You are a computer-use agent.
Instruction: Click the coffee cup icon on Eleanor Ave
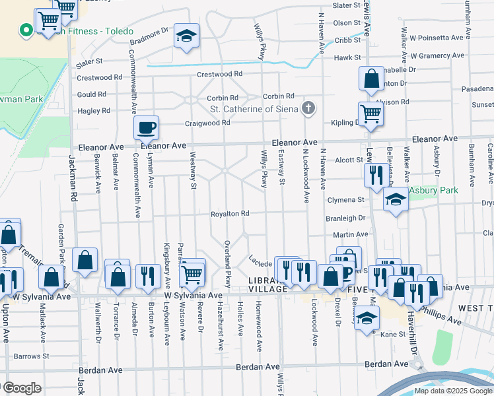(x=146, y=127)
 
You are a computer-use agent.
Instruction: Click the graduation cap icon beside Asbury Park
(x=396, y=199)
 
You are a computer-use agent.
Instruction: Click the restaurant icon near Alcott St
(x=376, y=175)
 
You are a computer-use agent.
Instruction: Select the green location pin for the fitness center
(x=25, y=30)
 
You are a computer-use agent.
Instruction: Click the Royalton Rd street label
(x=230, y=214)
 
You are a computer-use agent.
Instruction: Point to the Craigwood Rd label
(x=207, y=123)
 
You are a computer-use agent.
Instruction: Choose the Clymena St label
(x=345, y=199)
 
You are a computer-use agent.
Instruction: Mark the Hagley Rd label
(x=93, y=112)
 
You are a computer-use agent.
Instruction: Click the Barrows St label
(x=28, y=356)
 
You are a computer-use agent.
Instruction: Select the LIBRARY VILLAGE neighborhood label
(x=267, y=284)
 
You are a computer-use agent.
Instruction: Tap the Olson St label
(x=347, y=22)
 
